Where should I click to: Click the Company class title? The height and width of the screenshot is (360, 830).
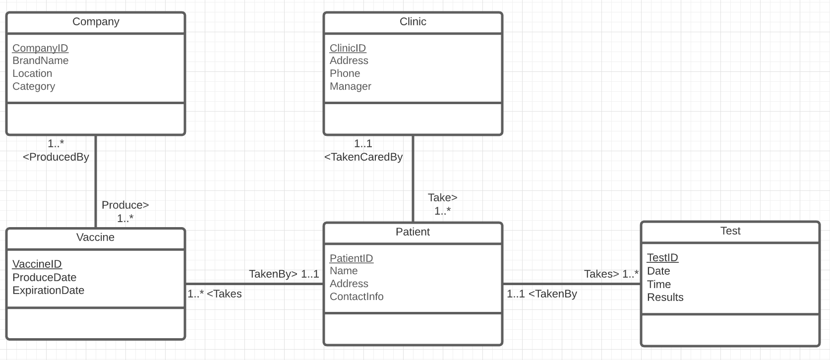pos(96,22)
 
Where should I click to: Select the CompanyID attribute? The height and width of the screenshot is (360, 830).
pos(40,48)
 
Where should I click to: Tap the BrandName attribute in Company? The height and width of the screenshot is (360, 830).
pos(40,60)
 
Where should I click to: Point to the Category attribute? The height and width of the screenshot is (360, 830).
pos(34,86)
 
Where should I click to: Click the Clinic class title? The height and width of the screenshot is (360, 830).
pos(413,22)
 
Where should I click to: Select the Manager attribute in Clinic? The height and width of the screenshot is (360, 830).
pos(350,86)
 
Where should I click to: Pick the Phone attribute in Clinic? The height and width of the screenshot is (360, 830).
pos(345,73)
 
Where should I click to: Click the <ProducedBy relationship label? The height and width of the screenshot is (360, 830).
pos(56,157)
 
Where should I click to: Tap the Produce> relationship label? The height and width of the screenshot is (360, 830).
pos(125,205)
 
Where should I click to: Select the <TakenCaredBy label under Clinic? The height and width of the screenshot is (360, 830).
pos(363,157)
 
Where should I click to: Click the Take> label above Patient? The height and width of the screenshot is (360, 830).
pos(442,197)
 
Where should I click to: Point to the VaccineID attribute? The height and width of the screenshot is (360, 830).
pos(37,264)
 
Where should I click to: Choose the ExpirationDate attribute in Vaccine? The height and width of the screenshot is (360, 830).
pos(48,291)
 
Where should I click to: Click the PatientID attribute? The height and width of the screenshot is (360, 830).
pos(351,258)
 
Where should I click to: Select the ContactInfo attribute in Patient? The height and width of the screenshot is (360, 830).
pos(356,297)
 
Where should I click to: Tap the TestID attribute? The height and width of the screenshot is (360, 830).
pos(662,258)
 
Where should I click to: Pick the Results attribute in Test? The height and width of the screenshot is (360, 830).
pos(665,298)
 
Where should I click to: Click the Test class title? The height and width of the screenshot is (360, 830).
pos(730,231)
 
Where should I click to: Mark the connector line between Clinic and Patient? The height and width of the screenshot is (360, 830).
pos(413,179)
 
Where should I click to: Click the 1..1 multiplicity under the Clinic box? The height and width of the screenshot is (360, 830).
pos(363,144)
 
